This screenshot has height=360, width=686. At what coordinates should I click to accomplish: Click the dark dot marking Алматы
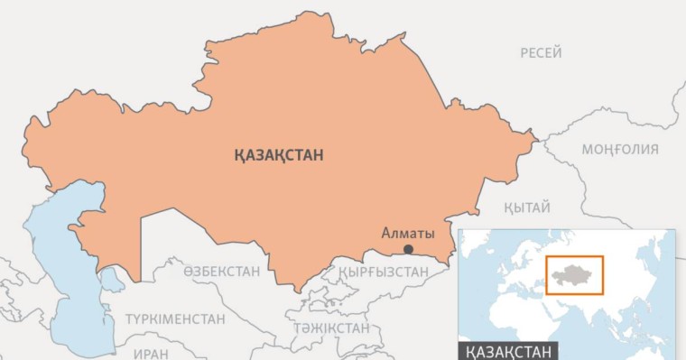point(408,249)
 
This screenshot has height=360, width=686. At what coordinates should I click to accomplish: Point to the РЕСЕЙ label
point(541,54)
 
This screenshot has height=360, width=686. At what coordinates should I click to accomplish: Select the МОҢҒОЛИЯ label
point(619,149)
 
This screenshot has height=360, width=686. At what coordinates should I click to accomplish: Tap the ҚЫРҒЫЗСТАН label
point(383,271)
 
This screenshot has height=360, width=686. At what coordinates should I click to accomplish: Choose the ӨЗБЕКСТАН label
point(221,271)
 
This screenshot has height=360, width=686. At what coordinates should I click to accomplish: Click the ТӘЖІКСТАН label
point(330,328)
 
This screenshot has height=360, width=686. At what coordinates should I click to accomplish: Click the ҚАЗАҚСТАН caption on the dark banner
point(509,350)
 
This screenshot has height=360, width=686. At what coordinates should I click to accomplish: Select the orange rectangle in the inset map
point(574,275)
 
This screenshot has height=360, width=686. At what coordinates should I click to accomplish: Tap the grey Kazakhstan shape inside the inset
point(572,274)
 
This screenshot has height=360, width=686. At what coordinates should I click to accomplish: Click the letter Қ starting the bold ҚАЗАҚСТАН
point(237,155)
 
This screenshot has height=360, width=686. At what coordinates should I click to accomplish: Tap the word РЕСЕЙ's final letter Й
point(558,54)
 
